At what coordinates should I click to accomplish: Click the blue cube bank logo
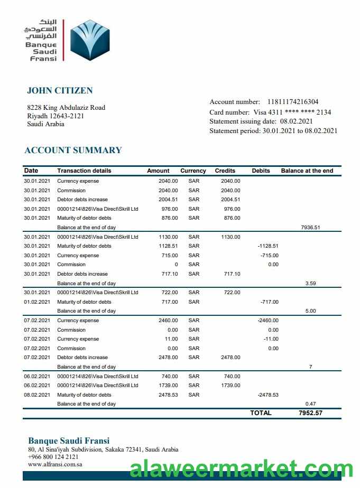point(89,41)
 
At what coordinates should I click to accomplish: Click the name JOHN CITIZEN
point(60,91)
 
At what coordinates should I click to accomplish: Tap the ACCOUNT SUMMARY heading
point(73,150)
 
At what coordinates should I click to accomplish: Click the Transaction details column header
point(84,171)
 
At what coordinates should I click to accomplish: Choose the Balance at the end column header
point(307,171)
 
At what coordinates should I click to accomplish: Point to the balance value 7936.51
point(310,228)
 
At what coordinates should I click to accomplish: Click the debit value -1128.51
point(267,246)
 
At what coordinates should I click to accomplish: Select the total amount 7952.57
point(310,413)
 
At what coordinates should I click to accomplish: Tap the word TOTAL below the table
point(261,413)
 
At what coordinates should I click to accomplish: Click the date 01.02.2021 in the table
point(37,302)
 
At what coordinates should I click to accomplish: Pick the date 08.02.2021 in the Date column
point(37,395)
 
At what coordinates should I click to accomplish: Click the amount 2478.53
point(168,395)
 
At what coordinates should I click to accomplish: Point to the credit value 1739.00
point(230,386)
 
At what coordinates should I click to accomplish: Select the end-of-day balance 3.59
point(310,284)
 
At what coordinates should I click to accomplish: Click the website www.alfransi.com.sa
point(55,464)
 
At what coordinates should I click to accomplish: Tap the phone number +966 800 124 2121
point(53,457)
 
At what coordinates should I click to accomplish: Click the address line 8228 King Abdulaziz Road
point(66,108)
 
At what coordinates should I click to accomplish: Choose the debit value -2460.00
point(267,321)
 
